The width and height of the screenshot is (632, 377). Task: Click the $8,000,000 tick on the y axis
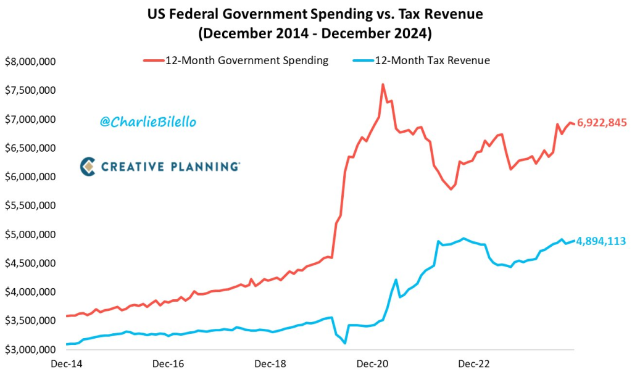[x=31, y=62]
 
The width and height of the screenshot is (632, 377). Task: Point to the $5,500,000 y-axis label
[x=31, y=205]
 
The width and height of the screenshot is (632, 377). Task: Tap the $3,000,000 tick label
[x=31, y=350]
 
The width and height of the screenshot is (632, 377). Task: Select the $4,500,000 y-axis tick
[x=31, y=263]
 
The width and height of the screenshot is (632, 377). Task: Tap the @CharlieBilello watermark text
[x=148, y=122]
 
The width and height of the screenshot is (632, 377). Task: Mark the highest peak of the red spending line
[x=383, y=85]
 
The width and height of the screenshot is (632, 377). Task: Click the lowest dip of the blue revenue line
[x=345, y=343]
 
